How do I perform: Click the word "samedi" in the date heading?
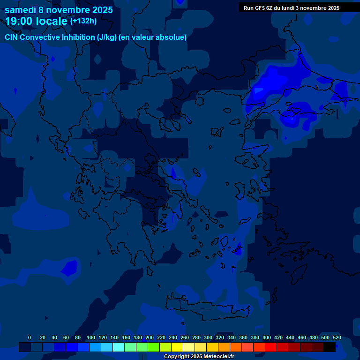22,9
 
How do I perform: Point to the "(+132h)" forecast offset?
83,21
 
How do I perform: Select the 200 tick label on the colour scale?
150,337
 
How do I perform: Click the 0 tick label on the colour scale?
30,337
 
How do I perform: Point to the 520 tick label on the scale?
337,337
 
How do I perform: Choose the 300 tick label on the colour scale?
208,337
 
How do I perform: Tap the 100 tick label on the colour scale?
91,337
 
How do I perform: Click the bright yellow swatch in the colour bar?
177,347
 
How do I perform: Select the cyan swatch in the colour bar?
119,347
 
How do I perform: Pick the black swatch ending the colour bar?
330,347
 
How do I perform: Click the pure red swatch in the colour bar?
271,347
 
